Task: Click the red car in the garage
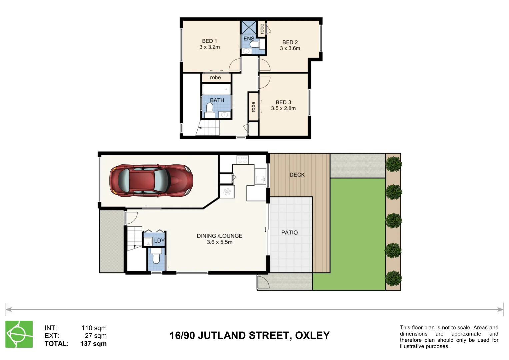(151, 180)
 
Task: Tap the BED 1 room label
(209, 41)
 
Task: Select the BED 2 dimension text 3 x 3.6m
(290, 48)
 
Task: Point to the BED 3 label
(283, 102)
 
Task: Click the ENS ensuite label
(249, 39)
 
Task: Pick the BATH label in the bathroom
(217, 100)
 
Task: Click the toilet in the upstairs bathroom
(210, 109)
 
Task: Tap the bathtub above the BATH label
(216, 89)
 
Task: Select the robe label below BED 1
(215, 78)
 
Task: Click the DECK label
(297, 175)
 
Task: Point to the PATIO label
(289, 232)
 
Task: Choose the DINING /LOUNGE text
(219, 236)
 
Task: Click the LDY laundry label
(159, 241)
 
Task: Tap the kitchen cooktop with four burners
(242, 160)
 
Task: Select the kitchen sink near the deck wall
(260, 176)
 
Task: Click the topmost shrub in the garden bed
(393, 164)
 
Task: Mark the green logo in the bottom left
(19, 334)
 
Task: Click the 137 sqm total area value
(93, 344)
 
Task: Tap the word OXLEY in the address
(312, 335)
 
